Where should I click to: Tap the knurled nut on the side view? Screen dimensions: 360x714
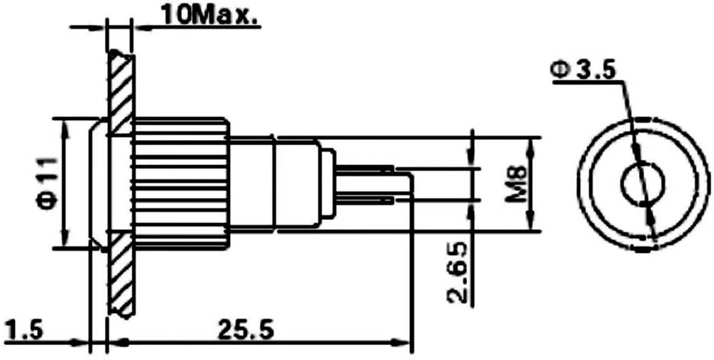pyautogui.click(x=181, y=183)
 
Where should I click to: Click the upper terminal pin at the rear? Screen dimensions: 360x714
pyautogui.click(x=364, y=169)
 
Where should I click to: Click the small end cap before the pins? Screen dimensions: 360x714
pyautogui.click(x=327, y=184)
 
